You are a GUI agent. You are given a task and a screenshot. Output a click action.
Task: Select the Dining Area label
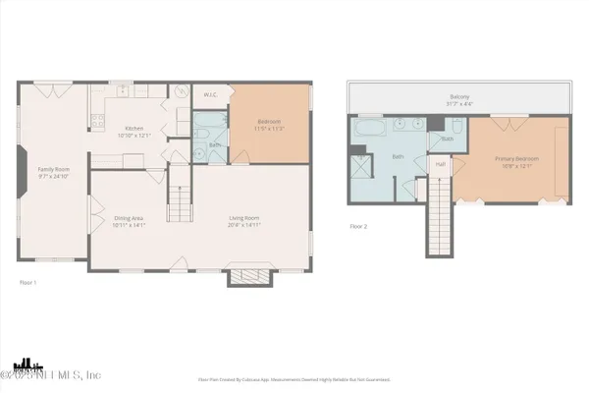pos(130,221)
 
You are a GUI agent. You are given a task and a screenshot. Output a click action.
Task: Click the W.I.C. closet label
pos(210,95)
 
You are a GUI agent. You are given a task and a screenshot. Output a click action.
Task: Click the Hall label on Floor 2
pos(442,164)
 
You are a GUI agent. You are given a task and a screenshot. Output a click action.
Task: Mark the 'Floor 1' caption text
pos(27,283)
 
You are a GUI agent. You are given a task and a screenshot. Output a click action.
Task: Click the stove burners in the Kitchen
pos(97,122)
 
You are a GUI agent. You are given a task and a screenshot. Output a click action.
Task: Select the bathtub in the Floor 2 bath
pos(371,128)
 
